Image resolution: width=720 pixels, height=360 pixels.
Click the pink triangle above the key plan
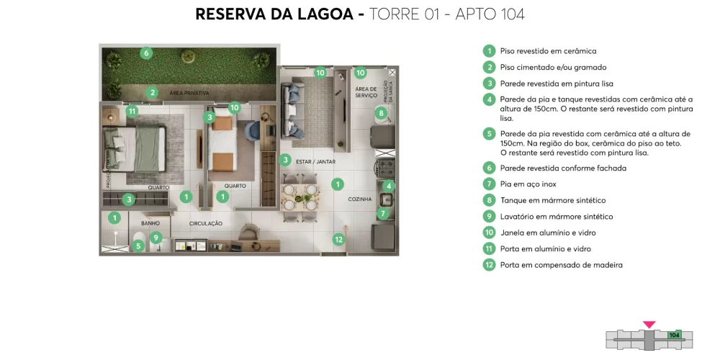pos(649,325)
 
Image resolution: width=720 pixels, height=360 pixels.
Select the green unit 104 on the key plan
pos(675,335)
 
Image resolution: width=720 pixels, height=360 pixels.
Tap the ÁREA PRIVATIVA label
pos(189,94)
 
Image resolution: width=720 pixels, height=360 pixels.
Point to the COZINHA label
pos(359,199)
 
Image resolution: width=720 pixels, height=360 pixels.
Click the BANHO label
pos(150,223)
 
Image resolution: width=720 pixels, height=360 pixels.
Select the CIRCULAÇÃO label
pos(205,223)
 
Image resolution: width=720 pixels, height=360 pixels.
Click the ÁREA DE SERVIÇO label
pos(366,93)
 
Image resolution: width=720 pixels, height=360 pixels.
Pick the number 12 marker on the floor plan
pos(338,239)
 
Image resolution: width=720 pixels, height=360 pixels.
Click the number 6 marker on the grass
pos(146,53)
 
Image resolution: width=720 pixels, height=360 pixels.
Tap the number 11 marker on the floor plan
pos(132,112)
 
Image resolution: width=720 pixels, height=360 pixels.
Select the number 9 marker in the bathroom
pos(156,238)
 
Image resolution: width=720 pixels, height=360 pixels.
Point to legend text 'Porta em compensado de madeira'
pos(561,265)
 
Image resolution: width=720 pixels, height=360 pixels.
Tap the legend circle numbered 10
pos(490,233)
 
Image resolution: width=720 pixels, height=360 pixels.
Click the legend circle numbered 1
pos(490,51)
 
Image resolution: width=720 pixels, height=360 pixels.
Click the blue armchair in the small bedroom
pos(253,132)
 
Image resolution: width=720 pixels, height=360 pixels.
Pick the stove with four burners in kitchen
pos(385,168)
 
